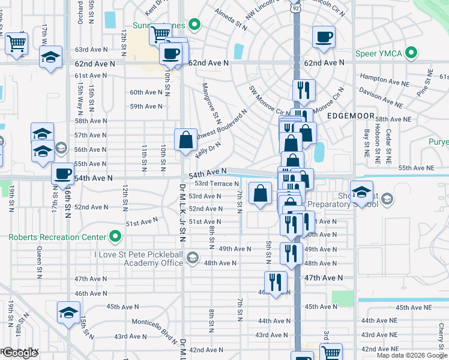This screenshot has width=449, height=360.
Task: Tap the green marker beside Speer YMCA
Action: [x=412, y=53]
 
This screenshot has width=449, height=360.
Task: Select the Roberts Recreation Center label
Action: [x=56, y=237]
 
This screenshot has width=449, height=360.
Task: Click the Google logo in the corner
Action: [x=19, y=353]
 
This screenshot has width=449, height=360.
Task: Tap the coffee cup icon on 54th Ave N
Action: [x=62, y=174]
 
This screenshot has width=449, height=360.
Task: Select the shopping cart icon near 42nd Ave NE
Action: [x=331, y=352]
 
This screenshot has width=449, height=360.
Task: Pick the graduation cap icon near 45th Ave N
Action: [x=68, y=312]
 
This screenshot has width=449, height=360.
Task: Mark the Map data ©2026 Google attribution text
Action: [x=412, y=355]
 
